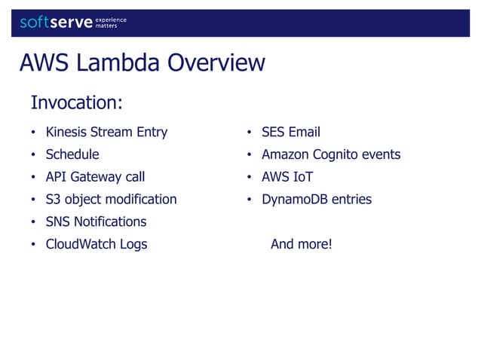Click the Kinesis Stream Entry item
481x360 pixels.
(106, 133)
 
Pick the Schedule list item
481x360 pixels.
(72, 155)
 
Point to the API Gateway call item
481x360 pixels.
(95, 178)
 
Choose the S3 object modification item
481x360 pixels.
(111, 200)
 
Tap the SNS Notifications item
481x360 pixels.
(96, 221)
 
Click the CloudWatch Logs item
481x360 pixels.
(97, 244)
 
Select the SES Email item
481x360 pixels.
(291, 133)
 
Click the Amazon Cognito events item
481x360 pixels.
(331, 155)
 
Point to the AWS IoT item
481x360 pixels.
(287, 178)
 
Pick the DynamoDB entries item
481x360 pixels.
(317, 200)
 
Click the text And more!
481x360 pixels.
(301, 244)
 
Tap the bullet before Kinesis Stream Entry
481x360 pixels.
(33, 133)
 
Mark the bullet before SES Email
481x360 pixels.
(249, 133)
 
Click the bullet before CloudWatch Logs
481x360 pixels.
(33, 245)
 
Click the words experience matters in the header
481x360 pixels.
(111, 23)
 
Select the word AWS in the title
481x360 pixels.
(44, 63)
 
